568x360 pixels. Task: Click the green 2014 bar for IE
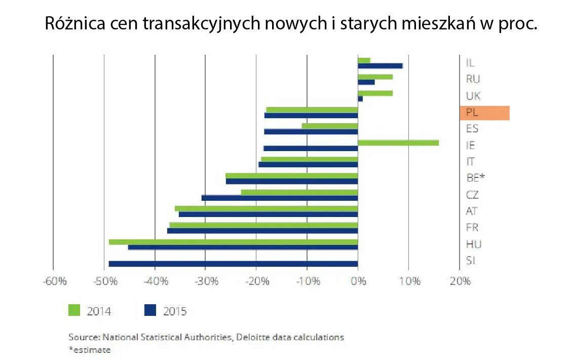point(398,143)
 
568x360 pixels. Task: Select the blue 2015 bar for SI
point(233,264)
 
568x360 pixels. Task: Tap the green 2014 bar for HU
point(233,242)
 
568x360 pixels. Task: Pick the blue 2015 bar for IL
point(380,66)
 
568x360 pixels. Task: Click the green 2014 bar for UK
point(375,93)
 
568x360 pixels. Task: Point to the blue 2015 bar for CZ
point(280,198)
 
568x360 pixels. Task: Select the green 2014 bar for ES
point(330,126)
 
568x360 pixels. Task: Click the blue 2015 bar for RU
point(366,82)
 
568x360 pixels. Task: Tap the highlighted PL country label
point(484,113)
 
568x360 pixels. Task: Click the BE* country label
point(475,178)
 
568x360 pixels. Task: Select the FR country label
point(472,228)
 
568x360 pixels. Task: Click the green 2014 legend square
point(74,310)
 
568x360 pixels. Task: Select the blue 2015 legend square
point(150,310)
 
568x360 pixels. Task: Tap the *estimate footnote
point(90,349)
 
